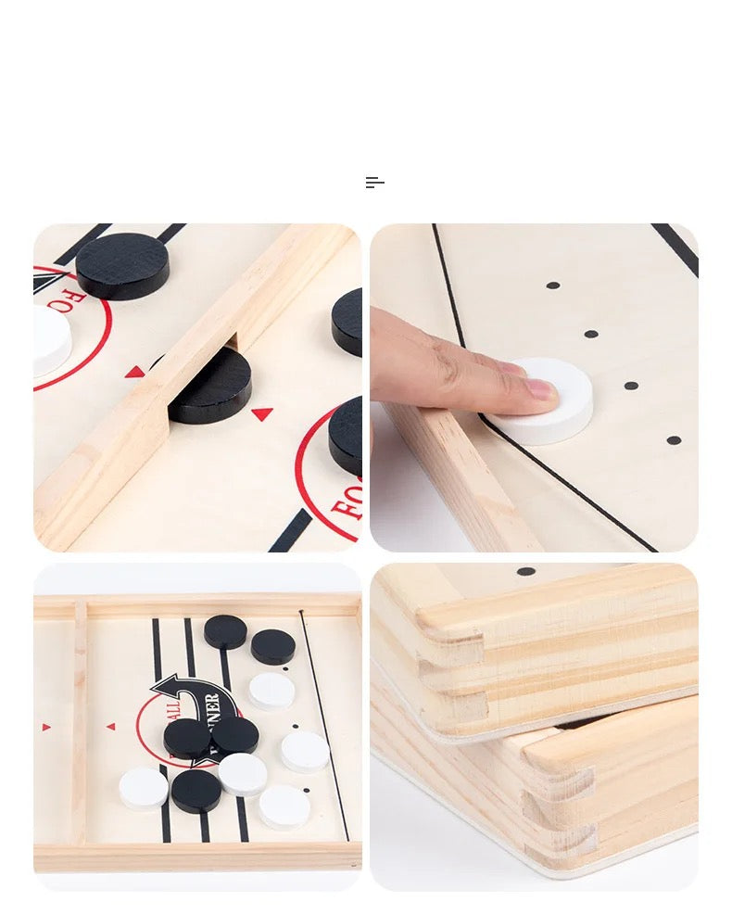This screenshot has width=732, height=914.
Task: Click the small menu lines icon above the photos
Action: pyautogui.click(x=374, y=183)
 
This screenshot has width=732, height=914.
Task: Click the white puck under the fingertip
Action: pyautogui.click(x=551, y=400)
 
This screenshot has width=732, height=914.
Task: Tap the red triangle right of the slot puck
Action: pyautogui.click(x=262, y=414)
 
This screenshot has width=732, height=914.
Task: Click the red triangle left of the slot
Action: pyautogui.click(x=135, y=372)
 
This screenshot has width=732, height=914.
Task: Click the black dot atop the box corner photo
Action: pyautogui.click(x=526, y=571)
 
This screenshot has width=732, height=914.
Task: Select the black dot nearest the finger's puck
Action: pyautogui.click(x=631, y=385)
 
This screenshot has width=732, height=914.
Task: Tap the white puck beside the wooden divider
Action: pyautogui.click(x=144, y=788)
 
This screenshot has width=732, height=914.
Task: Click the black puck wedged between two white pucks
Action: pyautogui.click(x=196, y=791)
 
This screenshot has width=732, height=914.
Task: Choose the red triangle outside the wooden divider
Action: pyautogui.click(x=46, y=727)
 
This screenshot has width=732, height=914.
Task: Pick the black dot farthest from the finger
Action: pyautogui.click(x=553, y=286)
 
